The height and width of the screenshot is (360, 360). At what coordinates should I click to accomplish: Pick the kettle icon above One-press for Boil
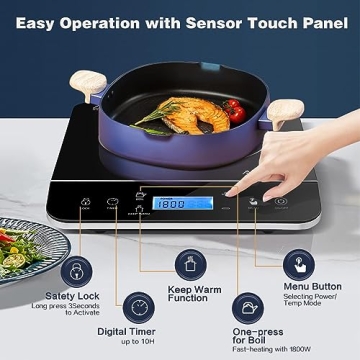click(249, 306)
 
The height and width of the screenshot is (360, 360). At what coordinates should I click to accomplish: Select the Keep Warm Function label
click(189, 295)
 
